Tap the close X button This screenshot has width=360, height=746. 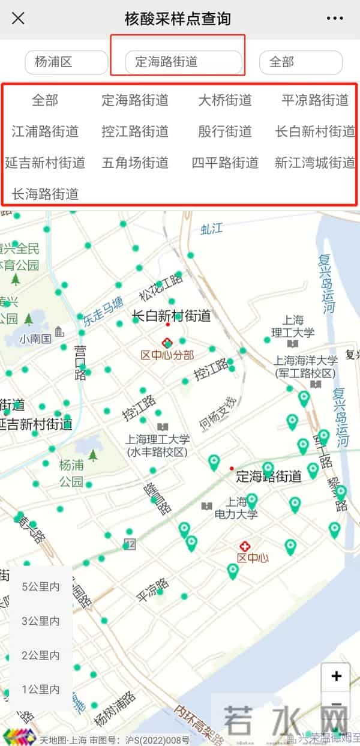[18, 18]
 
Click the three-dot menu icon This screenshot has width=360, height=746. [335, 19]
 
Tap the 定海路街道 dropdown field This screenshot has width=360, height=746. [183, 62]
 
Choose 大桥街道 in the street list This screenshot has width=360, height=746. [225, 100]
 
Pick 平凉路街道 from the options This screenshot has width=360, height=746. [315, 100]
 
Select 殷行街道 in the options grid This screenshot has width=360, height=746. [225, 131]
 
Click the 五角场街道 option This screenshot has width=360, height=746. [135, 163]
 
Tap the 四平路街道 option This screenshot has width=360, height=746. [225, 163]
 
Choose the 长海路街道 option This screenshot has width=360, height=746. [45, 194]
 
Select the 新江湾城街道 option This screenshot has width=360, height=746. [315, 163]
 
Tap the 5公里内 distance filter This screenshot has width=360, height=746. [41, 587]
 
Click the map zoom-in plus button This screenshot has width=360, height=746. [336, 676]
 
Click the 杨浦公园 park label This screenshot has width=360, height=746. [71, 473]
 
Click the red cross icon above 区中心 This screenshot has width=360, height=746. [244, 546]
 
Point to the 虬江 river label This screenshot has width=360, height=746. [212, 228]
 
